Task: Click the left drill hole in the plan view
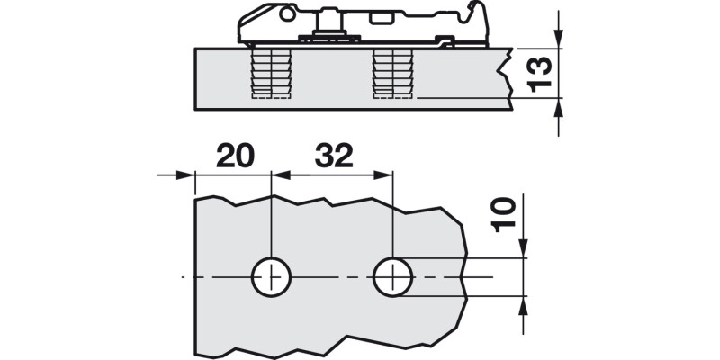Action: pyautogui.click(x=270, y=276)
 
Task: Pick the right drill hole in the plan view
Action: pyautogui.click(x=391, y=276)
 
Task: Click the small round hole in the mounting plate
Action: pyautogui.click(x=287, y=14)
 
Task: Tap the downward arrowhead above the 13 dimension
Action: pyautogui.click(x=560, y=38)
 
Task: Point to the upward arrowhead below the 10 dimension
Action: pyautogui.click(x=523, y=304)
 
